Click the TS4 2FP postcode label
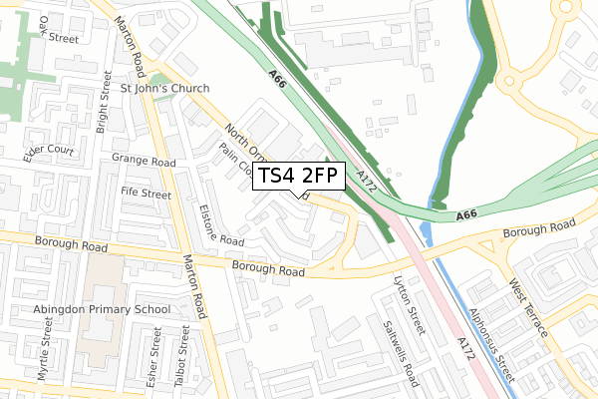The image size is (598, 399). pos(300,177)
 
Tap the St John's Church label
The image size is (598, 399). pos(165,88)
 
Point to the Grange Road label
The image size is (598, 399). pos(144,161)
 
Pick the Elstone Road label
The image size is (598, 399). pos(220,225)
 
